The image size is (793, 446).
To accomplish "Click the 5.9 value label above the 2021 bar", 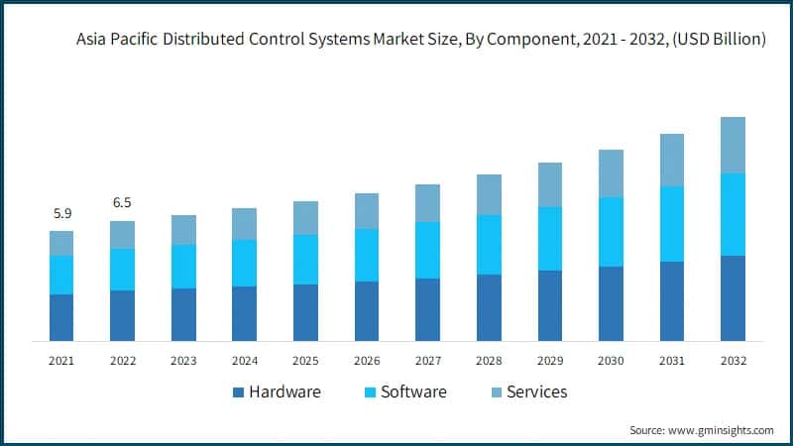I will pyautogui.click(x=61, y=212).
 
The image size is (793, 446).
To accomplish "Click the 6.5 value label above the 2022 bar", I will pyautogui.click(x=122, y=202).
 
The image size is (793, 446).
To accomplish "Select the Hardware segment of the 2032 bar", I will pyautogui.click(x=733, y=298).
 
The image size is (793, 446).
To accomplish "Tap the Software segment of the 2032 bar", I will pyautogui.click(x=733, y=214).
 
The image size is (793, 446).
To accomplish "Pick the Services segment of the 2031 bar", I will pyautogui.click(x=672, y=160).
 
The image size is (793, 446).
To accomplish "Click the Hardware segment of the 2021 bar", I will pyautogui.click(x=61, y=317).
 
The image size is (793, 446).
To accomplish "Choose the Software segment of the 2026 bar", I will pyautogui.click(x=367, y=255).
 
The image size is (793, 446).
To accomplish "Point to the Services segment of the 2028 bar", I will pyautogui.click(x=489, y=194).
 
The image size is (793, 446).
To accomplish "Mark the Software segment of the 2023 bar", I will pyautogui.click(x=183, y=267).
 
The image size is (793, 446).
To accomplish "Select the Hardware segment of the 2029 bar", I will pyautogui.click(x=550, y=305).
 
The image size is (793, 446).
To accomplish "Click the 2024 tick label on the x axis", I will pyautogui.click(x=244, y=361).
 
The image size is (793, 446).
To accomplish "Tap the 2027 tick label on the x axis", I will pyautogui.click(x=427, y=361).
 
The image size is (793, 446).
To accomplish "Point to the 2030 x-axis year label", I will pyautogui.click(x=611, y=361).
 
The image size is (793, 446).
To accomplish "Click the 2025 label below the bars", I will pyautogui.click(x=305, y=361).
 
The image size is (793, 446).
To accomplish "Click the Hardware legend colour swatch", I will pyautogui.click(x=238, y=392).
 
